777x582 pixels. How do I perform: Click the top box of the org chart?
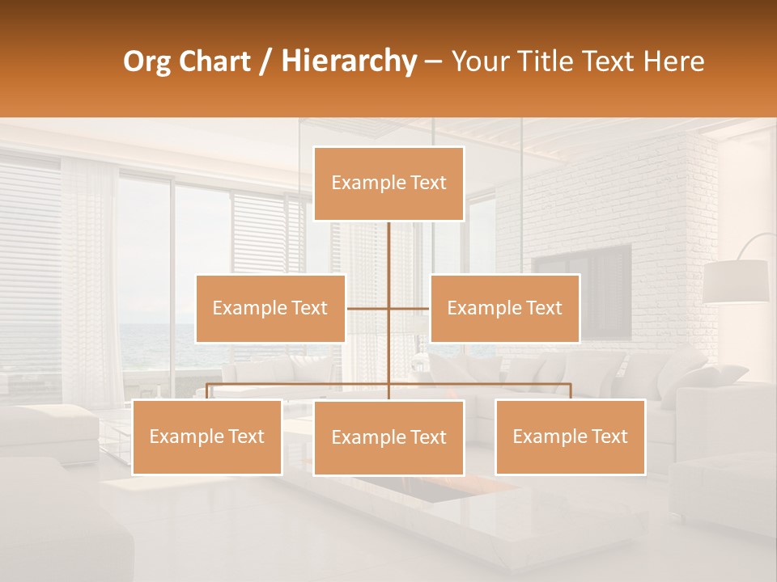(x=388, y=183)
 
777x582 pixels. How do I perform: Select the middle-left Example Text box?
(x=270, y=308)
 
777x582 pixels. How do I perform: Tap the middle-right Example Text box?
(x=504, y=308)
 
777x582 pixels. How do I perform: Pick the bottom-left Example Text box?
(x=207, y=436)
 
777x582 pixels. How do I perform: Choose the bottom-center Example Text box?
(x=388, y=437)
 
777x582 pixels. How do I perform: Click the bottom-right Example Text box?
(x=570, y=436)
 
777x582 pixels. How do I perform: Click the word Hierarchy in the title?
(x=349, y=61)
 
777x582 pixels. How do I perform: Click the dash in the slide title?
(x=433, y=61)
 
